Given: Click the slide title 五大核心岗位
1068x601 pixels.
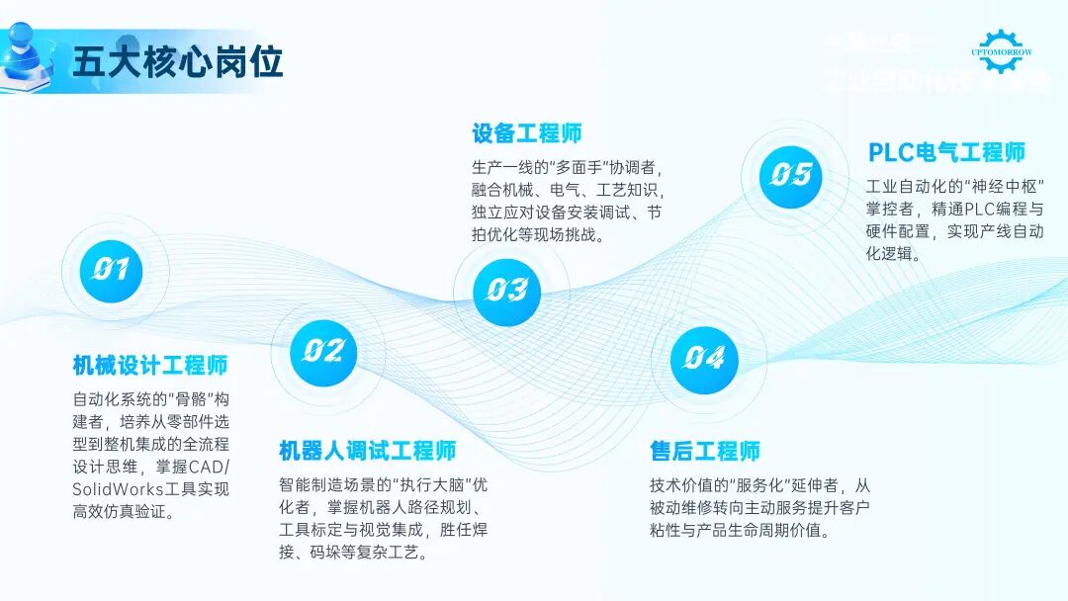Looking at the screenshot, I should pos(178,60).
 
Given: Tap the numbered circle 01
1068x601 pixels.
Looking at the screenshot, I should pos(112,269).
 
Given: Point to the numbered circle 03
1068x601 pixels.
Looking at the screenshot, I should pos(506,290).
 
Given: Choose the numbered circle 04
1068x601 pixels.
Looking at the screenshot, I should pos(704,358).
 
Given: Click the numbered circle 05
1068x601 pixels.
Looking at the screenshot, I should pos(791,175).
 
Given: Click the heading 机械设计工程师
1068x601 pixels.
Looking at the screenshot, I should pos(150,366).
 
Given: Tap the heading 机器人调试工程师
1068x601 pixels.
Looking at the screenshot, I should pos(367,452).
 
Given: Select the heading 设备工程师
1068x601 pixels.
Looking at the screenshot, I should pos(526,133).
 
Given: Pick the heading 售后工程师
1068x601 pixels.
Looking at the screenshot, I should pos(704,452).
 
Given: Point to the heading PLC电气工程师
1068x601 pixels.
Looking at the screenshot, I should pos(946,153).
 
